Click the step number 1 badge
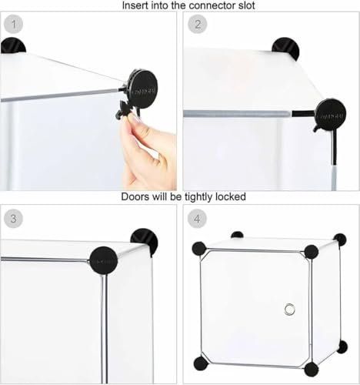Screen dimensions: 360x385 point(14,25)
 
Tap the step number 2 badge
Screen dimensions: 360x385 point(198,25)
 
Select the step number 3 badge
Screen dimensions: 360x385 point(14,219)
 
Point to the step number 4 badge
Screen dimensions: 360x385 point(197,219)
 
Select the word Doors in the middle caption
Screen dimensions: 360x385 point(135,196)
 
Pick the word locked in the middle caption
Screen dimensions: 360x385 point(231,196)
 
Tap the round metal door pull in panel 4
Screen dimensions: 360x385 point(289,309)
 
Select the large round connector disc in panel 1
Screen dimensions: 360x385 point(142,89)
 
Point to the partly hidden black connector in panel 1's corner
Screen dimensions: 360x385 point(13,45)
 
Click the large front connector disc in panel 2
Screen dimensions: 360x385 point(330,115)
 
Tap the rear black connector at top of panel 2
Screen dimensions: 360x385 point(286,49)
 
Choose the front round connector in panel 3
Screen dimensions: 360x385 point(104,261)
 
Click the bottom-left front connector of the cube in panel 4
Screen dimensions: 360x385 point(201,363)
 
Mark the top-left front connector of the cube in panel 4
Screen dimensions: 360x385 point(199,248)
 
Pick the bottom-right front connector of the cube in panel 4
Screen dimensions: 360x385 point(312,369)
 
